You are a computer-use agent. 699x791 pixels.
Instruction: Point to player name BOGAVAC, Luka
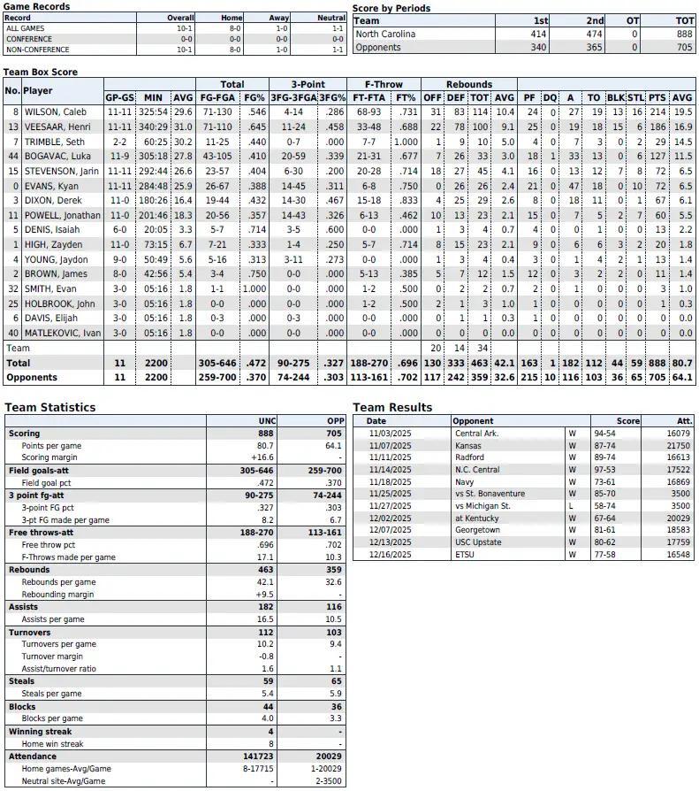pyautogui.click(x=57, y=157)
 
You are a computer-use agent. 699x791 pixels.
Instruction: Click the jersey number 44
pyautogui.click(x=12, y=157)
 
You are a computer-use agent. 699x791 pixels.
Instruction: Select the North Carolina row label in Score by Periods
pyautogui.click(x=385, y=34)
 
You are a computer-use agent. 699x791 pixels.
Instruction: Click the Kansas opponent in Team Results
pyautogui.click(x=469, y=445)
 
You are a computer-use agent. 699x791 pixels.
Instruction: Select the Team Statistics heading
pyautogui.click(x=50, y=408)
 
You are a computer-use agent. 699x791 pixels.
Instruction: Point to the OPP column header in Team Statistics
pyautogui.click(x=335, y=420)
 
